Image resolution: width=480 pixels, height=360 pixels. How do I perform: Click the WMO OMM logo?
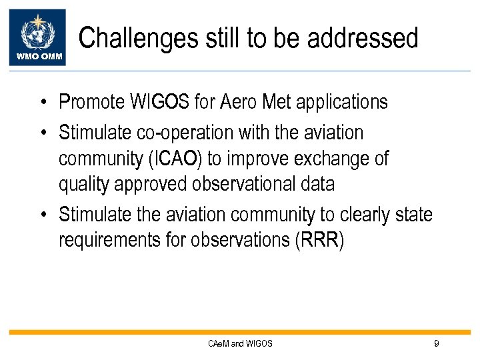click(37, 37)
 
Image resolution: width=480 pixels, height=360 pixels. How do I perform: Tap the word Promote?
click(91, 102)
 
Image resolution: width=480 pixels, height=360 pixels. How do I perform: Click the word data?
click(317, 184)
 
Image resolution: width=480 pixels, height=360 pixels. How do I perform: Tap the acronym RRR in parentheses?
click(319, 240)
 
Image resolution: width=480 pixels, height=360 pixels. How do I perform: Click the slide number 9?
click(436, 343)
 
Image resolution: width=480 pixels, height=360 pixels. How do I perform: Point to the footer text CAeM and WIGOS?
click(240, 343)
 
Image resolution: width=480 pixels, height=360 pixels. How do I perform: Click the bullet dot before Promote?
click(42, 103)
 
